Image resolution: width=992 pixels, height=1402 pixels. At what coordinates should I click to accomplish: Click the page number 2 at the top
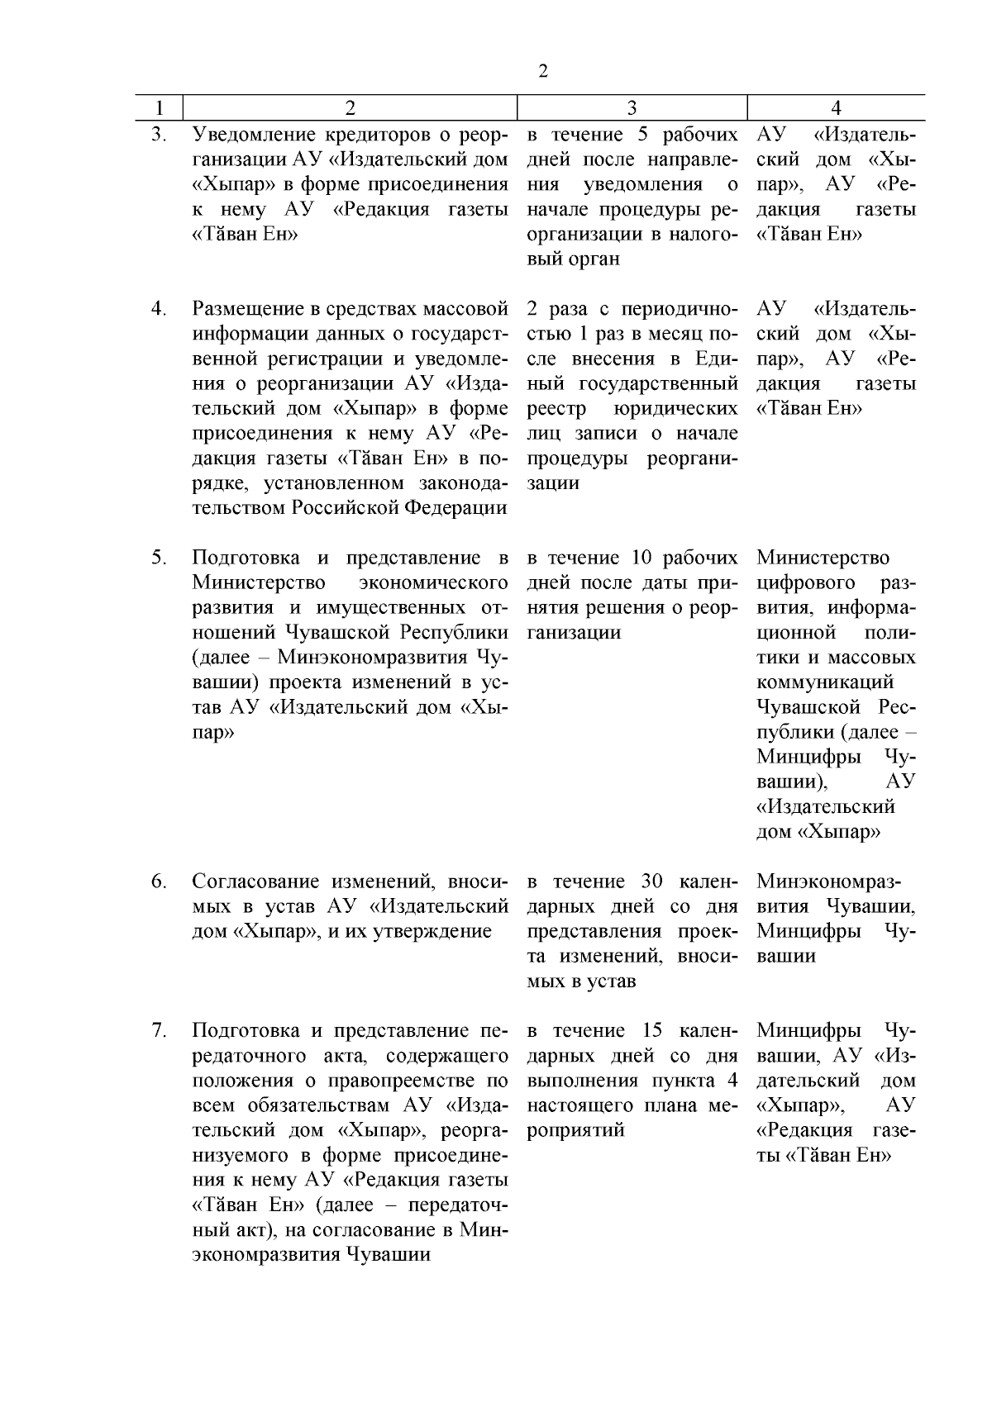tap(543, 72)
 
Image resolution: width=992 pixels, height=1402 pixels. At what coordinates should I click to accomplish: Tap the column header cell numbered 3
tap(632, 108)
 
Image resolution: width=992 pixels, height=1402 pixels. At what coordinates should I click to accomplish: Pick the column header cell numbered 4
tap(836, 108)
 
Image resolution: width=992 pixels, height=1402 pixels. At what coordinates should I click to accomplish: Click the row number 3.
tap(159, 135)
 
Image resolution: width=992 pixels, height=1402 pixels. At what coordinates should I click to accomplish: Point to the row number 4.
tap(159, 309)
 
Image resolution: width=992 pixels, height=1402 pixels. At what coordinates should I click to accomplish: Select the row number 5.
tap(159, 558)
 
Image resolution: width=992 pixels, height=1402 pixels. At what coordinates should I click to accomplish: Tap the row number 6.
tap(159, 882)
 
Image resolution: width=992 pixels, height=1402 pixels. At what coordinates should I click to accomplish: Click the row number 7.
tap(159, 1031)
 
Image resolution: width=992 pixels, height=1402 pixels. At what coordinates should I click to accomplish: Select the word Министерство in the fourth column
tap(823, 558)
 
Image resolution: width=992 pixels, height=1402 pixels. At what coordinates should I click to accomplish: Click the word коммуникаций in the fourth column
tap(825, 682)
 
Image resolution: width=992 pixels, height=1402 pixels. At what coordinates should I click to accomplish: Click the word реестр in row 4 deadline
tap(556, 409)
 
